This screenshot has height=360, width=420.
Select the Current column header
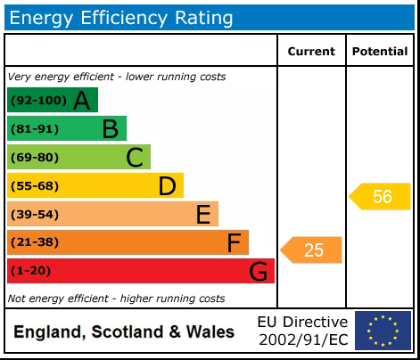(311, 52)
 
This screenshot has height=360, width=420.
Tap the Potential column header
(380, 52)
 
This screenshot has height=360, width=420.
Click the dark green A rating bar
(52, 101)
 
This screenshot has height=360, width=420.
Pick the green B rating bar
(67, 129)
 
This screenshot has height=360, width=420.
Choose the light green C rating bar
(78, 158)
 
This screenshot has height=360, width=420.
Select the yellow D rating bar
(95, 186)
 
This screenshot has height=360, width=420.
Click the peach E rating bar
(112, 215)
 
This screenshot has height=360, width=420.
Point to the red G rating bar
(140, 271)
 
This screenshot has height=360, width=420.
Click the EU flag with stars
(383, 331)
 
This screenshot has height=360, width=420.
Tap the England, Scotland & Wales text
(124, 332)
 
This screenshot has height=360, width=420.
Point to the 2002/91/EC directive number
(303, 340)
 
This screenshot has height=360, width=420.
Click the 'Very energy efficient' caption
(117, 78)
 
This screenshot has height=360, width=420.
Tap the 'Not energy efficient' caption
(116, 299)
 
